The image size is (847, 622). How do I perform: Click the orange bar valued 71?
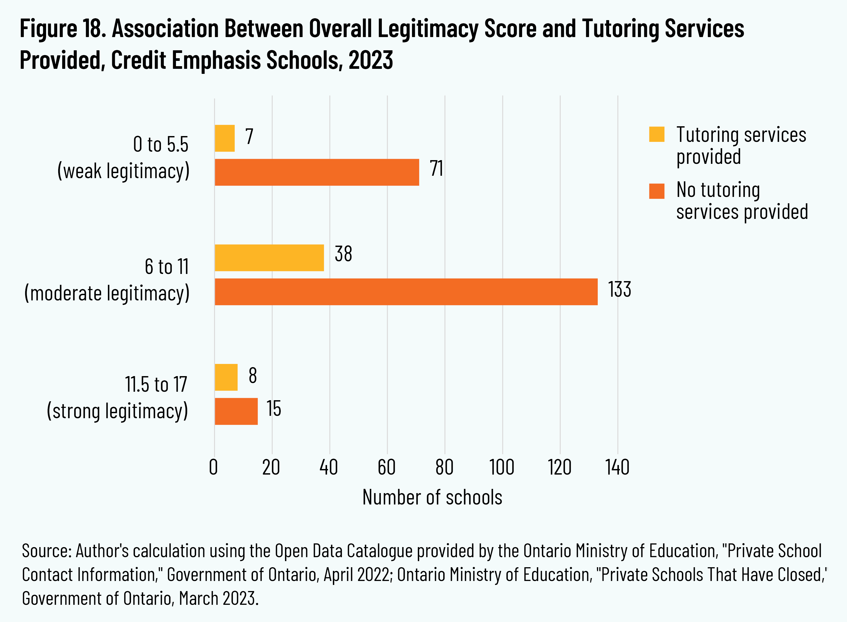pos(316,172)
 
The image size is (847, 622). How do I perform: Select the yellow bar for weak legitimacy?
pos(225,138)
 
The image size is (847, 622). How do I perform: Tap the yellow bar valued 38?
pos(269,258)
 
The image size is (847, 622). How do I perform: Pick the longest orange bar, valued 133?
pos(406,291)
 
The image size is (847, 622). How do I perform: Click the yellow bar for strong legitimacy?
pos(226,377)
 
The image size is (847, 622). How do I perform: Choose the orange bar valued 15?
pos(236,411)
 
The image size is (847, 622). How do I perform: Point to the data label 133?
pos(619,290)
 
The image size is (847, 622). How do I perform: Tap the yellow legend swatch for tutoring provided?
pos(656,134)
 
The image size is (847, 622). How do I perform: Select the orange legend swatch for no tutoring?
pos(656,191)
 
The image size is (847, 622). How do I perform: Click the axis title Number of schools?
pos(432,497)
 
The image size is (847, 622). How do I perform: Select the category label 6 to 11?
pos(166,267)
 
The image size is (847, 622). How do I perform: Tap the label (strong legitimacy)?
pos(117,411)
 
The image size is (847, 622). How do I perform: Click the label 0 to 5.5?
pos(161,144)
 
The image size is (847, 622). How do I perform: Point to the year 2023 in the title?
pos(370,60)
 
